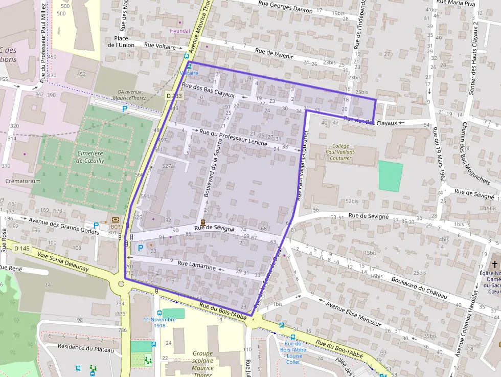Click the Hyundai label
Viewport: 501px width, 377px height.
179,31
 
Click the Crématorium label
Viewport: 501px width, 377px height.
22,181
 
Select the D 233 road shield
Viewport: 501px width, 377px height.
174,96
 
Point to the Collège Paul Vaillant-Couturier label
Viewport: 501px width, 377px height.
340,152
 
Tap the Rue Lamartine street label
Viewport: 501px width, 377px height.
196,265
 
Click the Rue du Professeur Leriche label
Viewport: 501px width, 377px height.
233,138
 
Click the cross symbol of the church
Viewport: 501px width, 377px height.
494,264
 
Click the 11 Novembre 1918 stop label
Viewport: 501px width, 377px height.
160,322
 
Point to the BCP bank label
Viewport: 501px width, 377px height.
116,226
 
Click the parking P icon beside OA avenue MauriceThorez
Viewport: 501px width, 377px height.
124,109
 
